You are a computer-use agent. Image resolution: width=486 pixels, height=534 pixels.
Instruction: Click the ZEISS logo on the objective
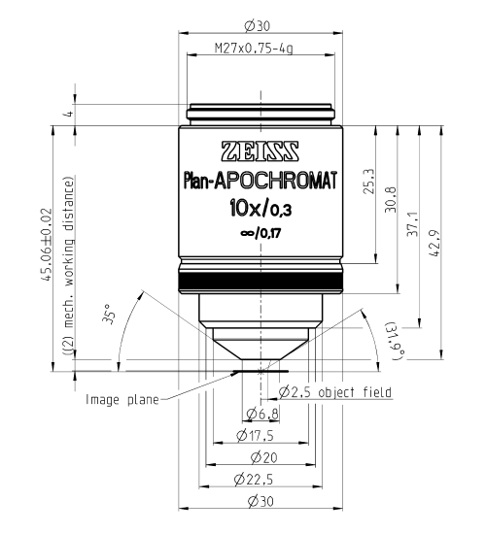260,150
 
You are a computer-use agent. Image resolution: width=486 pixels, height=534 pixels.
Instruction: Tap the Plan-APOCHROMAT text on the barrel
260,181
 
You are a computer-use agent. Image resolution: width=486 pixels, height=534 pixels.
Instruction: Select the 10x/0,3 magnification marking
260,208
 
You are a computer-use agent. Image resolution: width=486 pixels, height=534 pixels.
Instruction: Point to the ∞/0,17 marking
260,234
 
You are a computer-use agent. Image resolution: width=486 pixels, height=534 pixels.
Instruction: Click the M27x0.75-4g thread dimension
254,49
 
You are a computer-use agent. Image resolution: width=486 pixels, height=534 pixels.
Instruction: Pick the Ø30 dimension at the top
258,26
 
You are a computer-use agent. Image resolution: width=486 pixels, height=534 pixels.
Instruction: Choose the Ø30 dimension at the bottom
260,501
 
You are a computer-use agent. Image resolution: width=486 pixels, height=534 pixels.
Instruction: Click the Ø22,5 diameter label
254,480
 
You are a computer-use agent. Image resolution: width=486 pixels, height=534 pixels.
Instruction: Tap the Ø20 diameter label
264,457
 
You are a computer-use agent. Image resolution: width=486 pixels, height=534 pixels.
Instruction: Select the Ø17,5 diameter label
255,436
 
